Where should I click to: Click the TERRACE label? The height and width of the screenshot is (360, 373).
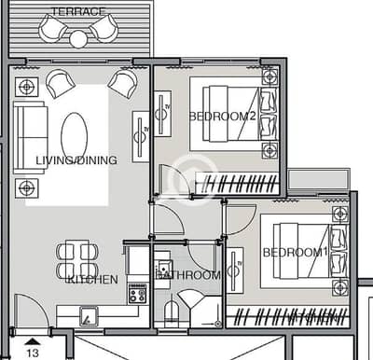click(78, 11)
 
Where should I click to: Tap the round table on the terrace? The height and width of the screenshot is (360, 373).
click(78, 39)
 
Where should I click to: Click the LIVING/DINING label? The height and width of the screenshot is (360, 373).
click(76, 160)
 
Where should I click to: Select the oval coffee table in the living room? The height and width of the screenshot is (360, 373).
click(75, 137)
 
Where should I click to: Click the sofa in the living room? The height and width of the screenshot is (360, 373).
click(31, 137)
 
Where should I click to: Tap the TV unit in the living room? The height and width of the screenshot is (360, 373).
click(141, 137)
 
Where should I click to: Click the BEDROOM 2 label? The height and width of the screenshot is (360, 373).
click(223, 117)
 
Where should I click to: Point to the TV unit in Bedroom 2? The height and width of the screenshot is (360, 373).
click(163, 114)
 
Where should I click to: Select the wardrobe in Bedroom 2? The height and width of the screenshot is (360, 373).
click(237, 184)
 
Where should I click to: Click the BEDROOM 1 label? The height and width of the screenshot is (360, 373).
click(296, 252)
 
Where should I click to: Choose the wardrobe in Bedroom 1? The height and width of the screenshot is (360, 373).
click(288, 316)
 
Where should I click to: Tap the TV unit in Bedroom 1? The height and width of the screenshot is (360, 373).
click(235, 270)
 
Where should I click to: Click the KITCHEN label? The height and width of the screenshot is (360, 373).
click(93, 280)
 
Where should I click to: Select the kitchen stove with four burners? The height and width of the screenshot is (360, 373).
click(137, 294)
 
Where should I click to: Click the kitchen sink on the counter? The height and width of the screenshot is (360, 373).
click(89, 316)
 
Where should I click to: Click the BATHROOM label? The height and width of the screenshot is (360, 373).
click(188, 275)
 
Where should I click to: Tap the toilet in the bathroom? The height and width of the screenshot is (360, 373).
click(172, 311)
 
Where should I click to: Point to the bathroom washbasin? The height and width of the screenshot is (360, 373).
click(164, 268)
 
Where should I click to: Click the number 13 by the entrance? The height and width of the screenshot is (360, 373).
click(33, 353)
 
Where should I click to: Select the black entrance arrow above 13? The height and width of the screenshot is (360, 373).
click(33, 342)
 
